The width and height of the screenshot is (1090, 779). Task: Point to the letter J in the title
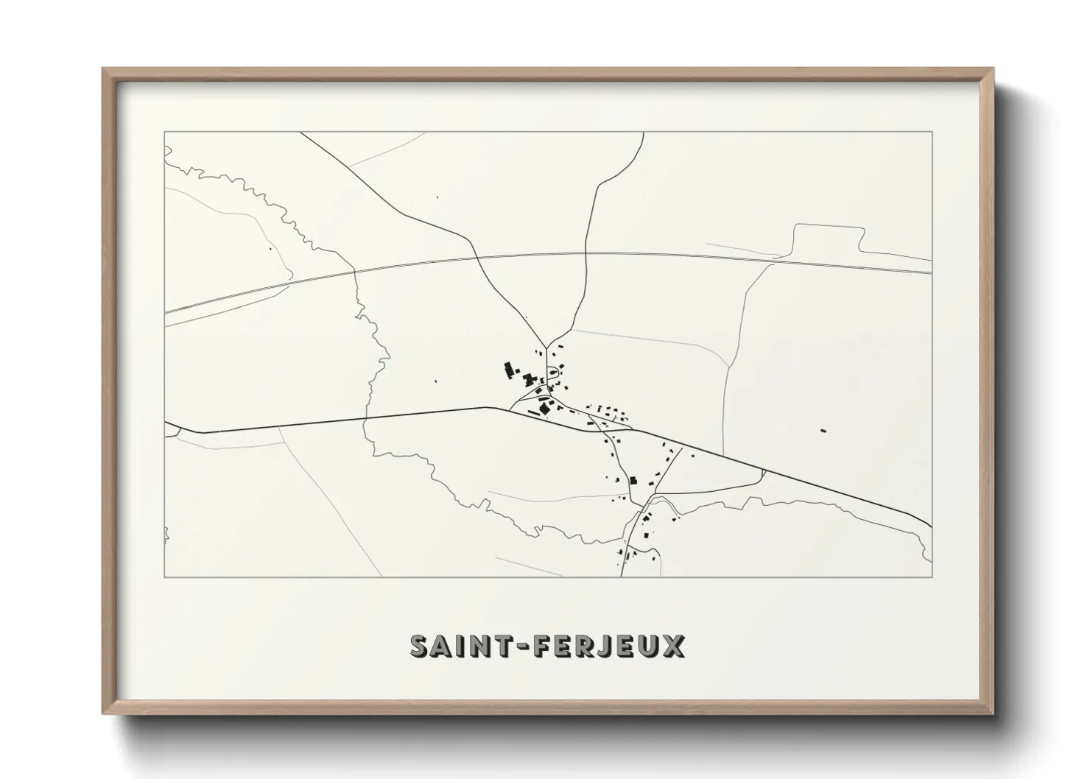click(x=603, y=646)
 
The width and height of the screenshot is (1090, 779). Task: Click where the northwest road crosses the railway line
click(x=479, y=257)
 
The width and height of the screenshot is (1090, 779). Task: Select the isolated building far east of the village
click(x=823, y=430)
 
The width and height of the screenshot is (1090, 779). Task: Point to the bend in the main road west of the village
click(x=485, y=407)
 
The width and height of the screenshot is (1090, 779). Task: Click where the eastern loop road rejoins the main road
click(x=764, y=471)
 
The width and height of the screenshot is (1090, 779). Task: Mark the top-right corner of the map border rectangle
click(x=932, y=132)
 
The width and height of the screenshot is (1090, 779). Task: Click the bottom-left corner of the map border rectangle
click(x=164, y=577)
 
